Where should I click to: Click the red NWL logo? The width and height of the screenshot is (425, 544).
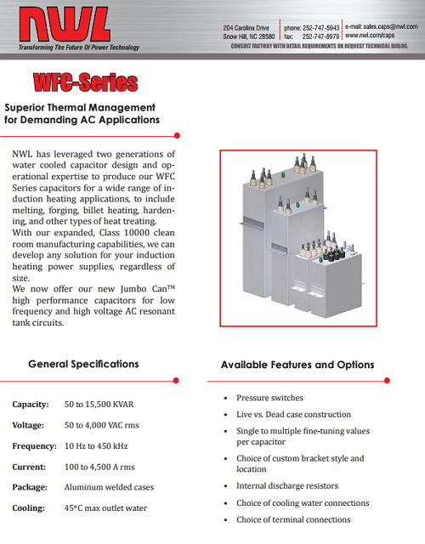pyautogui.click(x=65, y=25)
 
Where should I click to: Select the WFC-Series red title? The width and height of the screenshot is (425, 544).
pyautogui.click(x=86, y=82)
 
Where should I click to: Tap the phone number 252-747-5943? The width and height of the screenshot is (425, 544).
pyautogui.click(x=321, y=28)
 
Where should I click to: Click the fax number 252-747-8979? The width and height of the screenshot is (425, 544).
pyautogui.click(x=321, y=37)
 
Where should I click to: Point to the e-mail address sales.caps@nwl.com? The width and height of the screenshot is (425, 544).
pyautogui.click(x=391, y=26)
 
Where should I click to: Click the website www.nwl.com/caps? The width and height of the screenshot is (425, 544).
pyautogui.click(x=370, y=35)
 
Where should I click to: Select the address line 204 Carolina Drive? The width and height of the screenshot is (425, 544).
pyautogui.click(x=246, y=28)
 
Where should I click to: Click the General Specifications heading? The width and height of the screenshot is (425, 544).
pyautogui.click(x=83, y=364)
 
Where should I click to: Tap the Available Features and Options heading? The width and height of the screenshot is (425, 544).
pyautogui.click(x=297, y=365)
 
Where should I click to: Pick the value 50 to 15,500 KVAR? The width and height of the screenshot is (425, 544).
pyautogui.click(x=99, y=405)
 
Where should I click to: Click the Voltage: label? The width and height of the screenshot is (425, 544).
pyautogui.click(x=28, y=425)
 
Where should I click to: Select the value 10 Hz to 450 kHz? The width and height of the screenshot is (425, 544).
pyautogui.click(x=96, y=445)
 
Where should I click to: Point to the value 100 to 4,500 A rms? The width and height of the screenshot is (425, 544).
pyautogui.click(x=99, y=467)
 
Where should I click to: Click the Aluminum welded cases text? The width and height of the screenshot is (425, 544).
pyautogui.click(x=109, y=487)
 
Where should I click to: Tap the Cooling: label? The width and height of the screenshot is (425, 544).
pyautogui.click(x=28, y=508)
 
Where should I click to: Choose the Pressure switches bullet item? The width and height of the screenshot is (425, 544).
pyautogui.click(x=270, y=398)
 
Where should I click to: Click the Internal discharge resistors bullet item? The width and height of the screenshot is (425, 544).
pyautogui.click(x=287, y=485)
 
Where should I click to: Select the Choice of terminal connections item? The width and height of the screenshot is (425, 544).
pyautogui.click(x=293, y=519)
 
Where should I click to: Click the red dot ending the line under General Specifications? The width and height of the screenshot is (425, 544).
pyautogui.click(x=176, y=381)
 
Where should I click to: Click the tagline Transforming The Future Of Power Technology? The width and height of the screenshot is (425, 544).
pyautogui.click(x=79, y=48)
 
